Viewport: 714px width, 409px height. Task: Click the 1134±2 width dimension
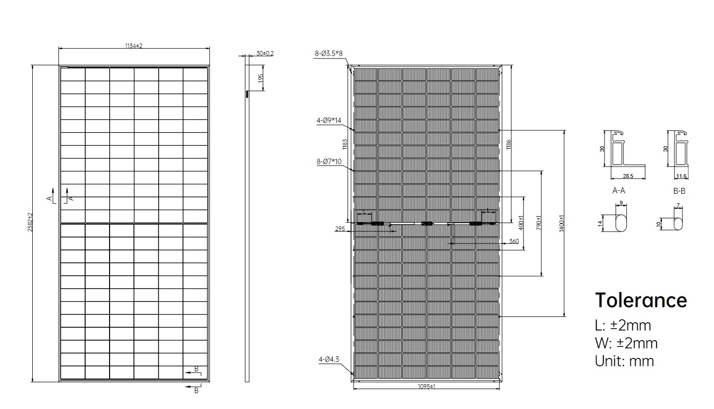click(x=133, y=46)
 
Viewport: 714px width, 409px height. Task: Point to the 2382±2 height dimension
click(x=30, y=222)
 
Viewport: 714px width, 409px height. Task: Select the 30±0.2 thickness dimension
click(x=265, y=53)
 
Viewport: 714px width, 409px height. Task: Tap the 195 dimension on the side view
click(x=261, y=78)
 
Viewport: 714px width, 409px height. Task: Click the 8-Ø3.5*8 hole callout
click(x=329, y=54)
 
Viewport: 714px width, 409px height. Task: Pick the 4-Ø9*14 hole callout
click(x=329, y=120)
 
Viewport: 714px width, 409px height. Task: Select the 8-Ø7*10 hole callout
click(x=329, y=162)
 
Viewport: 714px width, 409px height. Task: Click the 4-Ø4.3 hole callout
click(x=329, y=359)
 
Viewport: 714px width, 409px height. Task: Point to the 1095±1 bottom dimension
click(x=426, y=386)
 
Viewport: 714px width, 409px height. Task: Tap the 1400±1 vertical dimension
click(x=561, y=224)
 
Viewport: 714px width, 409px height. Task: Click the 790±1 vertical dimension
click(x=538, y=223)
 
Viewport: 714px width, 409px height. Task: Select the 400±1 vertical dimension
click(x=521, y=223)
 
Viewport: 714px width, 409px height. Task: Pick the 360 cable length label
click(x=514, y=241)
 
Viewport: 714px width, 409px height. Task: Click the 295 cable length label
click(x=340, y=229)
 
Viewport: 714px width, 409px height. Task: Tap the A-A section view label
click(x=619, y=191)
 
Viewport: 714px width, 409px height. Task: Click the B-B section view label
click(x=679, y=191)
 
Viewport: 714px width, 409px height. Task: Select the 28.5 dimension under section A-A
click(x=628, y=176)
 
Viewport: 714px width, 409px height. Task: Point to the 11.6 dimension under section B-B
click(x=681, y=176)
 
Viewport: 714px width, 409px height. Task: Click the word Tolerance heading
click(x=641, y=300)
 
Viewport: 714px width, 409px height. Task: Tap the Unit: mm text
click(x=624, y=361)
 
